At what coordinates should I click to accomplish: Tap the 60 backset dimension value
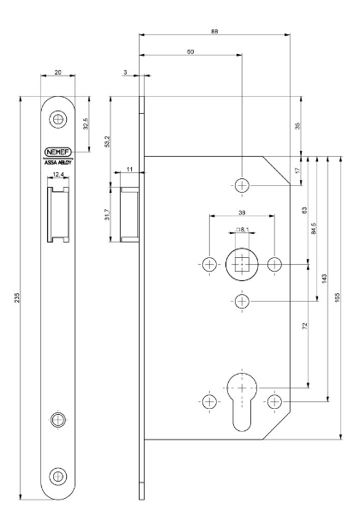191,53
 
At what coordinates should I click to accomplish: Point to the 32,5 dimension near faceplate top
85,125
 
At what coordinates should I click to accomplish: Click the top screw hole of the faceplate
58,119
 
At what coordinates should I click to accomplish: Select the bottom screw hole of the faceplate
58,476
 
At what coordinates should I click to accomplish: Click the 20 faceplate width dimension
58,75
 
